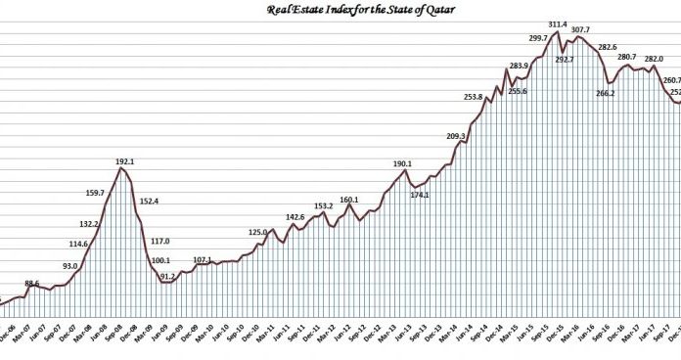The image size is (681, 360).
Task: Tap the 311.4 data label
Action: [558, 23]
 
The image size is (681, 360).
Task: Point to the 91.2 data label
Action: [168, 277]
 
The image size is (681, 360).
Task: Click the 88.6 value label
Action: [32, 283]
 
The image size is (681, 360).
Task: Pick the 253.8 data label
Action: [472, 97]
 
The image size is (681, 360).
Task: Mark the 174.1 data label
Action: [421, 195]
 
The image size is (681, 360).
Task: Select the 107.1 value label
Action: [203, 260]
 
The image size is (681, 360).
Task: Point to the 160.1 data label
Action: [349, 200]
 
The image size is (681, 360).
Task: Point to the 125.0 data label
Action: [257, 232]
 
